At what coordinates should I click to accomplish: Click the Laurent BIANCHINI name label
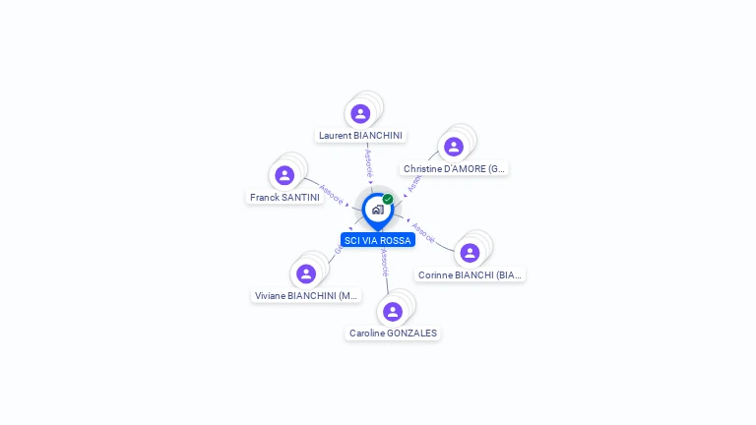click(360, 136)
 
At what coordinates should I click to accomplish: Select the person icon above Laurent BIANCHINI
click(360, 113)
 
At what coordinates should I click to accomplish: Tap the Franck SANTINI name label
click(284, 198)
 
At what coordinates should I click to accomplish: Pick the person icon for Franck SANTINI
click(284, 175)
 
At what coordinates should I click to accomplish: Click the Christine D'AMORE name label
click(454, 169)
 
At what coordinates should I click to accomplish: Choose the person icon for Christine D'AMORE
click(454, 147)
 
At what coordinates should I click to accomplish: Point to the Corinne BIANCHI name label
click(470, 275)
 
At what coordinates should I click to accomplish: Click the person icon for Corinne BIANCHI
click(470, 253)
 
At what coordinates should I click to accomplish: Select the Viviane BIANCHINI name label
click(306, 296)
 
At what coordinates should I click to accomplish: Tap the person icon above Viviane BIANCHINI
click(306, 273)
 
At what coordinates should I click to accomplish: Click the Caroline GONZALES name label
click(393, 334)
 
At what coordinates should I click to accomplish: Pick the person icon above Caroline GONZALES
click(393, 311)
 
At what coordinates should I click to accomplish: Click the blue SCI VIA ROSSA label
click(378, 241)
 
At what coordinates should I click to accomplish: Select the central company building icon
click(377, 210)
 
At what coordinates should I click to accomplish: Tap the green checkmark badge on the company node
click(388, 199)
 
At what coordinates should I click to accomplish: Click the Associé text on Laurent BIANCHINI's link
click(368, 161)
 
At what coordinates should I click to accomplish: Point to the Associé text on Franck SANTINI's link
click(332, 194)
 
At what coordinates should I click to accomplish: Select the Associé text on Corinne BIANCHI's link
click(423, 232)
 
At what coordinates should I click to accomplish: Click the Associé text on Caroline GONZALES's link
click(384, 263)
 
